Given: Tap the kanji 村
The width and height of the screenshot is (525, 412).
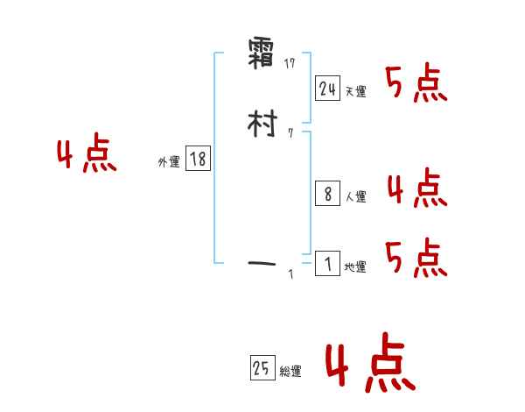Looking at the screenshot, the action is click(x=262, y=127).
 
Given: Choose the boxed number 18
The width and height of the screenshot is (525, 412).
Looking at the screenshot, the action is click(x=198, y=160).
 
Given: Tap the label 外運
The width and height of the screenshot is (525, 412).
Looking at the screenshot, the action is click(x=169, y=162).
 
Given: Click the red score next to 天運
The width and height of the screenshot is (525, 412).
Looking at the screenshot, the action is click(x=416, y=83).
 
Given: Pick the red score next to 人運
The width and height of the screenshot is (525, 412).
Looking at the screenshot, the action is click(x=416, y=188).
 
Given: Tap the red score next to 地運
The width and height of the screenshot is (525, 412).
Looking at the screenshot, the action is click(x=416, y=259).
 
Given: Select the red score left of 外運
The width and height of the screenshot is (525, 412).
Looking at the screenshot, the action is click(x=87, y=156).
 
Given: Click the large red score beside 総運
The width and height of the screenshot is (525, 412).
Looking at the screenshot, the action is click(x=369, y=366).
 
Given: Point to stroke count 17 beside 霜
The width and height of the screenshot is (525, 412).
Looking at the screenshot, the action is click(x=292, y=62).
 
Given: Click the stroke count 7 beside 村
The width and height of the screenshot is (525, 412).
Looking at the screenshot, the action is click(x=290, y=133).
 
